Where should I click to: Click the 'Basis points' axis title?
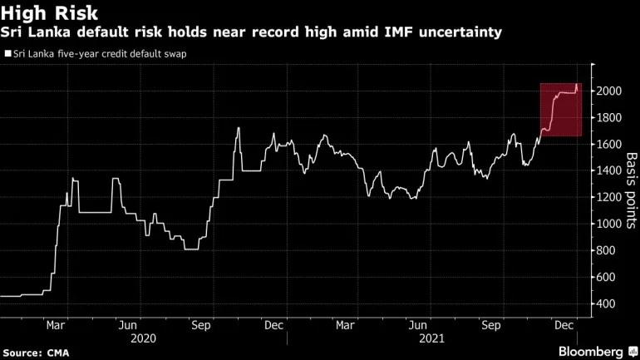[x=631, y=190]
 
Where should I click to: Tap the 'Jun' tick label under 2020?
[x=128, y=326]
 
